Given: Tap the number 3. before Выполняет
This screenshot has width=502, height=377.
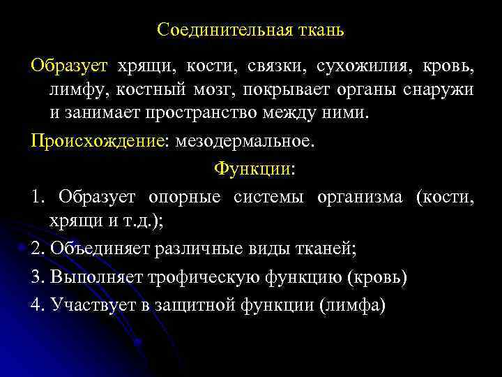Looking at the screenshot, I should pos(38,277).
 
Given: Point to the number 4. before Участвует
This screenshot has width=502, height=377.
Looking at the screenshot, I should pos(38,306).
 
